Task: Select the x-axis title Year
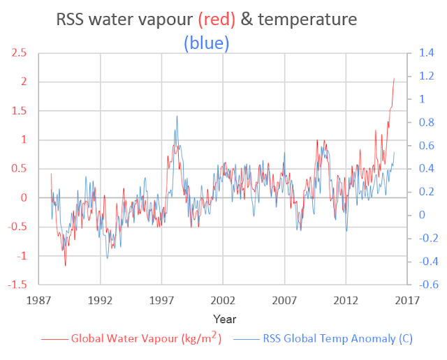224,320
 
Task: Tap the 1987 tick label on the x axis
38,301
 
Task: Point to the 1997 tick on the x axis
161,301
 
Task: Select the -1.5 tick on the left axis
18,285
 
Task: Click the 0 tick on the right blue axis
421,216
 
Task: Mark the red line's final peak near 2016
394,78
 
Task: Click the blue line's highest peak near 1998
177,116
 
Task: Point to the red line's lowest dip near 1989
66,266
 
